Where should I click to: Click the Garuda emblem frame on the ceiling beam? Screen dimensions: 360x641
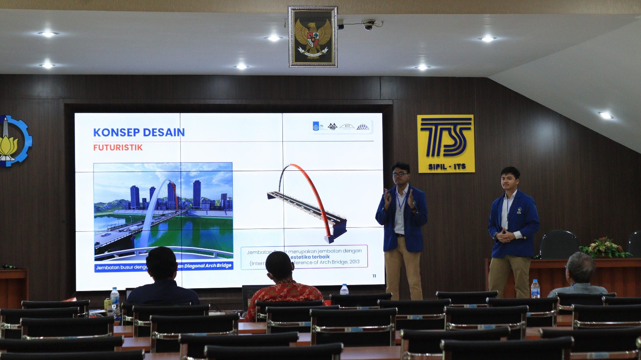click(313, 36)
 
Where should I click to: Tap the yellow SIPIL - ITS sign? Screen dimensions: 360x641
click(445, 144)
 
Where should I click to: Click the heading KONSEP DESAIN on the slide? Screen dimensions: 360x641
click(139, 132)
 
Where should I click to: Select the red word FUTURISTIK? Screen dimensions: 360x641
click(118, 148)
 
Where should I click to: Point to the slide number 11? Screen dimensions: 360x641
click(374, 276)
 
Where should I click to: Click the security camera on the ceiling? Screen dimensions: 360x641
click(368, 25)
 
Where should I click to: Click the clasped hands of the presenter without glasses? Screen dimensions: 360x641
click(504, 235)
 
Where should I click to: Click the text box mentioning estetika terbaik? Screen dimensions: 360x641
click(304, 257)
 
